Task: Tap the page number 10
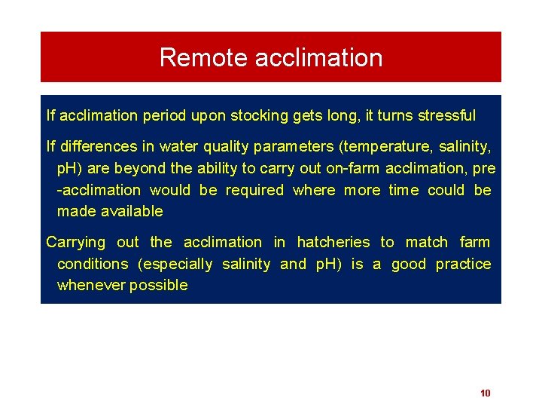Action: click(x=485, y=393)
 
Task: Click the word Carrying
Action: click(x=76, y=242)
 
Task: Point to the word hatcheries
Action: click(x=333, y=242)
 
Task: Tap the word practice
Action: click(x=463, y=264)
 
